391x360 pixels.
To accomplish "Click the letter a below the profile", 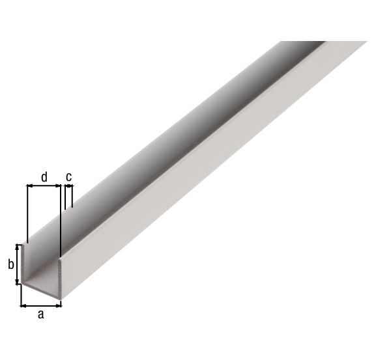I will point(40,314).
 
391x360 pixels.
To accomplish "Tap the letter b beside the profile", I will point(10,264).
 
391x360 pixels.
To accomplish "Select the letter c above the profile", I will point(68,176).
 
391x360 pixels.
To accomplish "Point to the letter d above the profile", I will point(44,176).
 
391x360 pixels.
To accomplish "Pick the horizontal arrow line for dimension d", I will point(44,186).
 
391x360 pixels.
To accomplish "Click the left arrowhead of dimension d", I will point(29,186).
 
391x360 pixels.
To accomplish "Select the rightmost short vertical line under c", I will point(72,195).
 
